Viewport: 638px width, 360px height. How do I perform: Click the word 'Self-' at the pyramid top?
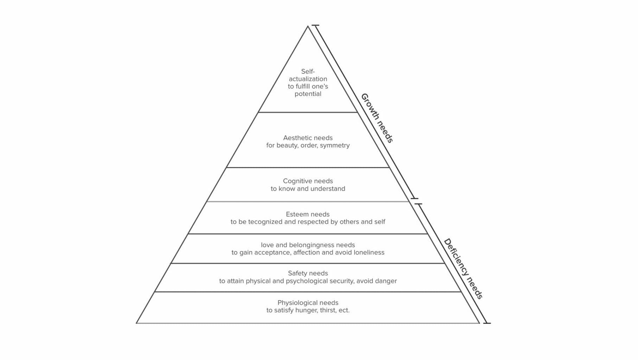pos(308,72)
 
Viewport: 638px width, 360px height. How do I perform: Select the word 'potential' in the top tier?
pos(308,94)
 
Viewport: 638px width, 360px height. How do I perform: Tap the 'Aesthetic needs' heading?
pos(308,138)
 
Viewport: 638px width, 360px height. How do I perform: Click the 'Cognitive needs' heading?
pos(308,181)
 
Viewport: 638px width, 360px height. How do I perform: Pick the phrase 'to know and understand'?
pos(308,189)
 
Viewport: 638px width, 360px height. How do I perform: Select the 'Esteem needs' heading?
pos(308,214)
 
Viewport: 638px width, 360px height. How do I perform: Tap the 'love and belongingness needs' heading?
pos(308,245)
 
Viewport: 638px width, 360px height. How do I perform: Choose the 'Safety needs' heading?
pos(308,273)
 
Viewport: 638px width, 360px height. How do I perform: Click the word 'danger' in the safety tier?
pos(386,281)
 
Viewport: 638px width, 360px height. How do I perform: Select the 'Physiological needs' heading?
pos(308,303)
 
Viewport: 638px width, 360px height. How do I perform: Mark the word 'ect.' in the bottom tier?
pos(343,310)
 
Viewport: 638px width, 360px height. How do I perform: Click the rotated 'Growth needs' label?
pos(377,118)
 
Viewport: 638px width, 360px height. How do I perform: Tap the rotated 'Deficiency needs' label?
pos(463,269)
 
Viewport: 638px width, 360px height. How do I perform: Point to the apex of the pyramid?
pos(308,26)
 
